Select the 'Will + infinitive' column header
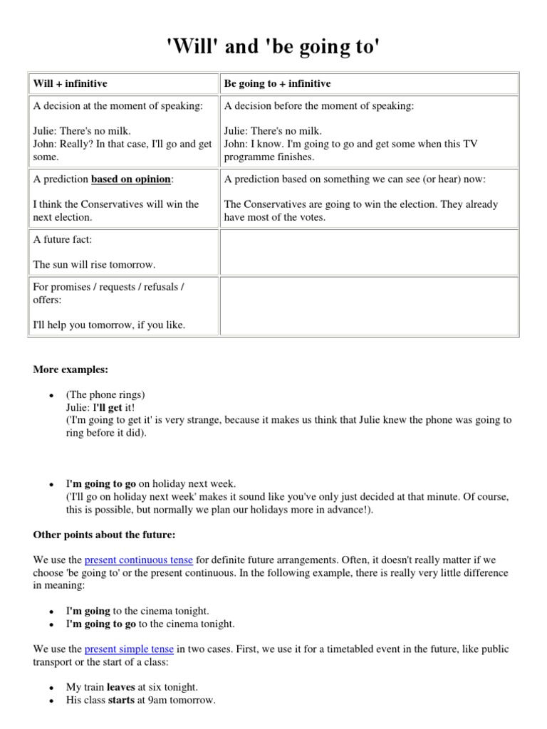click(70, 84)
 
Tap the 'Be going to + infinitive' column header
click(277, 84)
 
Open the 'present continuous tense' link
click(138, 560)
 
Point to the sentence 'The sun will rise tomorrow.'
click(94, 264)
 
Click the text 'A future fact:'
click(63, 240)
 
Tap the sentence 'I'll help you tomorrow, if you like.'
click(109, 325)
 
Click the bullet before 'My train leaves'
click(51, 688)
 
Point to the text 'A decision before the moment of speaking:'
click(318, 106)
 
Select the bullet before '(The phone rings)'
click(51, 396)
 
